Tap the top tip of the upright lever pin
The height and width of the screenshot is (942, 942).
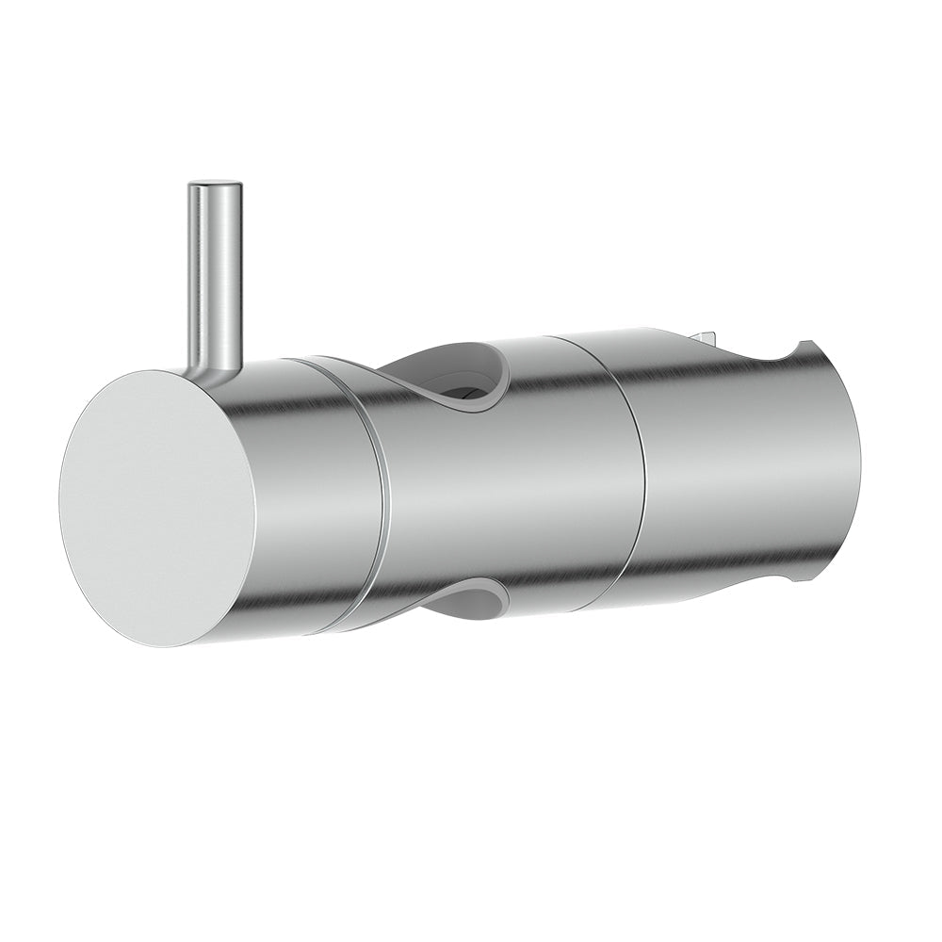pyautogui.click(x=214, y=186)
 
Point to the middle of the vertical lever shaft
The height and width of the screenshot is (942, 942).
pyautogui.click(x=214, y=273)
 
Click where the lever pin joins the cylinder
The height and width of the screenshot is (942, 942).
pyautogui.click(x=215, y=363)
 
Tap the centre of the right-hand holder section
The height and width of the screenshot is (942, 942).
pyautogui.click(x=735, y=462)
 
